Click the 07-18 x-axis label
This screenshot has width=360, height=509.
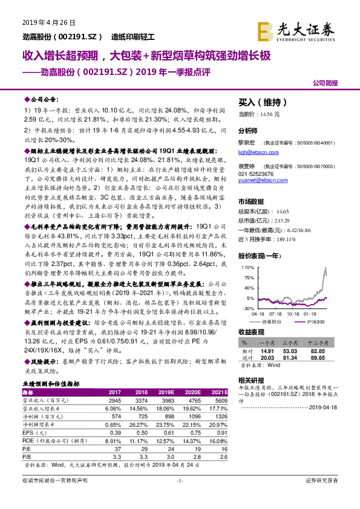[x=276, y=314]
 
